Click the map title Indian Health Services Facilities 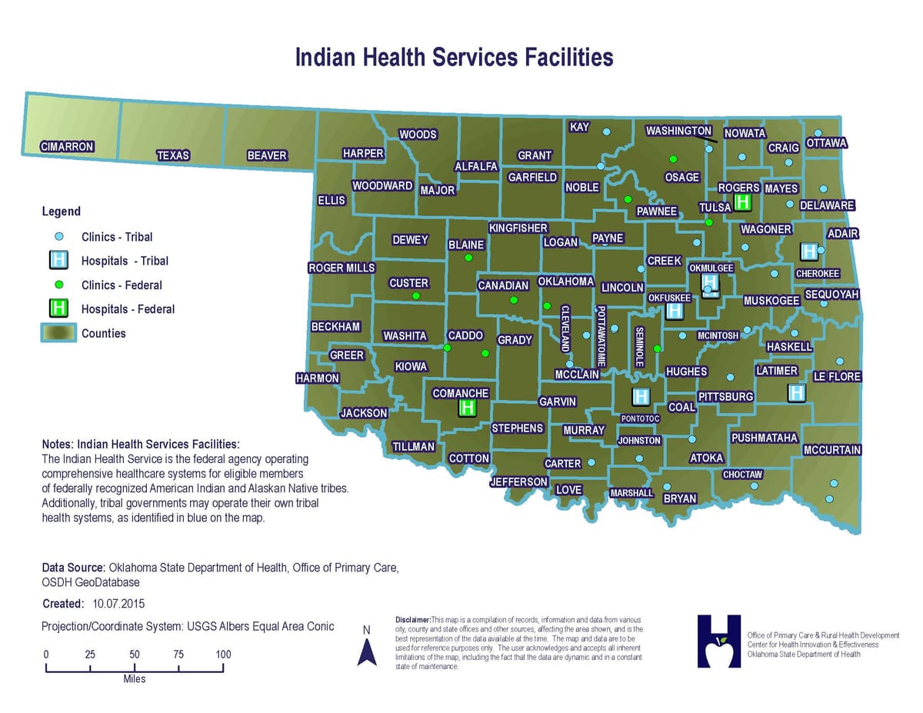point(454,58)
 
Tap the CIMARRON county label point(67,146)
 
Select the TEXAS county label point(173,155)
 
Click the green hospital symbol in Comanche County point(466,408)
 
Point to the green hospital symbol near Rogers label point(743,202)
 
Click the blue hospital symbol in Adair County point(808,251)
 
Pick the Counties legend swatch point(58,333)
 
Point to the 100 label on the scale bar point(223,655)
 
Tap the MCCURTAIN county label point(831,450)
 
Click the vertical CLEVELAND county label point(565,328)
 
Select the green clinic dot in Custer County point(416,295)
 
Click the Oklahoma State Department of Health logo point(718,641)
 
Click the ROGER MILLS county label point(342,268)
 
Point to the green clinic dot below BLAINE point(468,258)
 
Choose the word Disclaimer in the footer point(412,619)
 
